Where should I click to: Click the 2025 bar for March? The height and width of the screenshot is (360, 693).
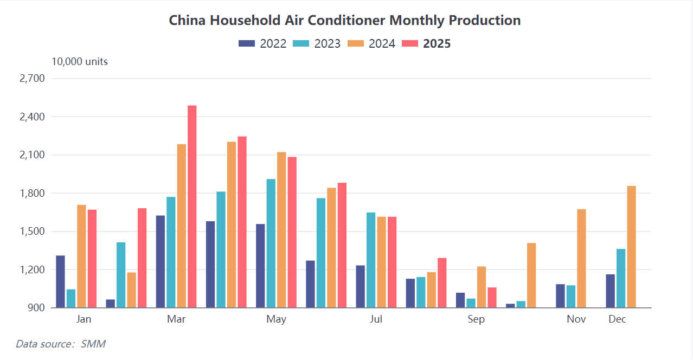[192, 206]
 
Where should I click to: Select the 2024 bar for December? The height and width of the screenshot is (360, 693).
[631, 247]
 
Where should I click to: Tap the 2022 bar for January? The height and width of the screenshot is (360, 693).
[60, 281]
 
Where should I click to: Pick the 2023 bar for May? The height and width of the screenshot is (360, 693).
[271, 243]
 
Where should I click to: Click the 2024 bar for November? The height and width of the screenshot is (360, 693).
[581, 258]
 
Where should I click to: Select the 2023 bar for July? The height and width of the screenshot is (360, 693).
[371, 260]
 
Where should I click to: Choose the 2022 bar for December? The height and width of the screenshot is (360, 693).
[611, 291]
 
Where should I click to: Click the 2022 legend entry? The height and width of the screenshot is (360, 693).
[262, 44]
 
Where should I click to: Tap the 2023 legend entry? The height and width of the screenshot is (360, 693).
[317, 44]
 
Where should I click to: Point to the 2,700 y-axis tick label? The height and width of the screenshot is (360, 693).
[32, 79]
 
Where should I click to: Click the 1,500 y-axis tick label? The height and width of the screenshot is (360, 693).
[32, 232]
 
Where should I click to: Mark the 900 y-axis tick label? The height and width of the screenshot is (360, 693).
[36, 308]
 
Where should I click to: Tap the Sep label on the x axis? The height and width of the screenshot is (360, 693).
[476, 319]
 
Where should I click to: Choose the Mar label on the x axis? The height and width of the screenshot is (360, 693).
[176, 319]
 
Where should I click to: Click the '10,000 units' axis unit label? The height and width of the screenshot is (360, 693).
[80, 62]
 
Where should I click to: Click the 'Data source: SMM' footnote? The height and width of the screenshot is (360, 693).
[60, 344]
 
